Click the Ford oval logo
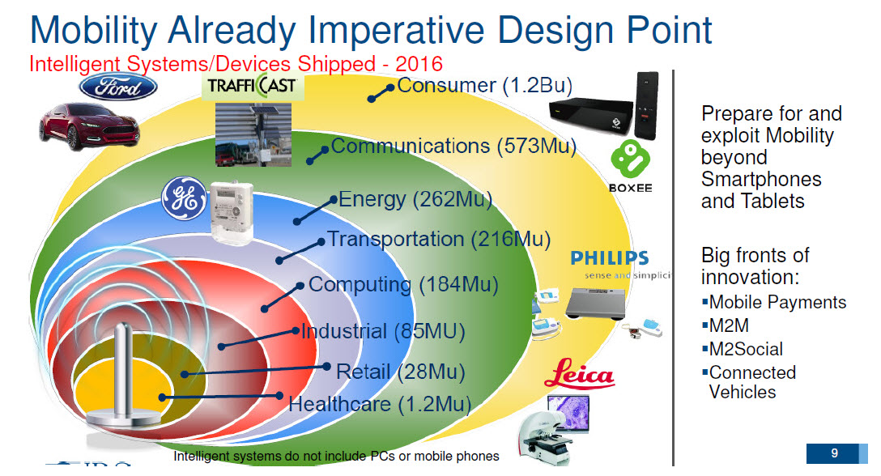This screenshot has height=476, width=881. (117, 87)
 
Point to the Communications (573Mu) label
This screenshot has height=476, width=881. (453, 147)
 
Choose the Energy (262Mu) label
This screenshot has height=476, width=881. (415, 199)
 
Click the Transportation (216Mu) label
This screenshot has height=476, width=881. (438, 240)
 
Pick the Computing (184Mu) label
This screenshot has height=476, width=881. (402, 285)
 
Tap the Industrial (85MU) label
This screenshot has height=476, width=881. (382, 331)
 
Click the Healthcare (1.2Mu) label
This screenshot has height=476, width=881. (379, 403)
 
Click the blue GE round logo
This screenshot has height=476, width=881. (184, 200)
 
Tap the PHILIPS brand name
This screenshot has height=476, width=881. (609, 259)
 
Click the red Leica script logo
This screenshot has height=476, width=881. (579, 375)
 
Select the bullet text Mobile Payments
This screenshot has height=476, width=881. (777, 303)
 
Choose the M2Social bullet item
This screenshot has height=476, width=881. (745, 350)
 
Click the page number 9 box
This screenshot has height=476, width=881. (833, 453)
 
